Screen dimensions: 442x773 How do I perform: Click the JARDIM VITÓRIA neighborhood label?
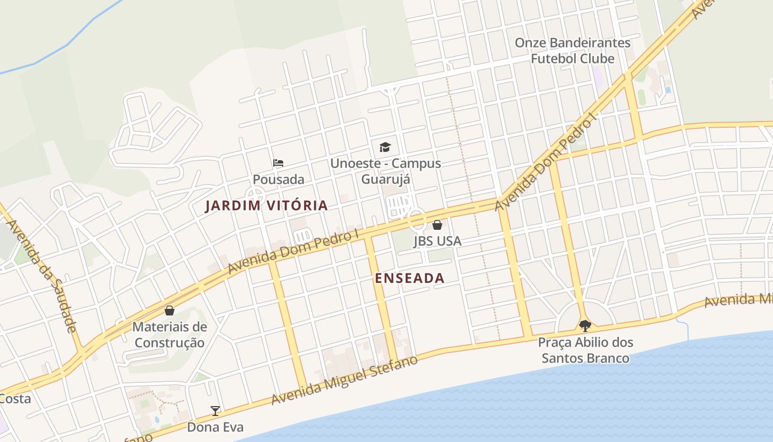click(266, 206)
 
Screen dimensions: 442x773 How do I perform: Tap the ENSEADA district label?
click(409, 278)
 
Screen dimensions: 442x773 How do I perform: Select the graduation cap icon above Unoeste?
click(385, 147)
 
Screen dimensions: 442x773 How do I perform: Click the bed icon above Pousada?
click(278, 163)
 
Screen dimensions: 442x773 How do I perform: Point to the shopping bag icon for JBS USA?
click(437, 225)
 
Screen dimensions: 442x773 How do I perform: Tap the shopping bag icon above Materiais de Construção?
click(170, 311)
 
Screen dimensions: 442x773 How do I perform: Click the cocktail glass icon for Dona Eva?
click(215, 411)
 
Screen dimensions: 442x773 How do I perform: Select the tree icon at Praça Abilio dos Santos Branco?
click(585, 325)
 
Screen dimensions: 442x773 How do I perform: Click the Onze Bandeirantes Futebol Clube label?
click(572, 50)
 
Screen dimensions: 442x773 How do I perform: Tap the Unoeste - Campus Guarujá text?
click(385, 171)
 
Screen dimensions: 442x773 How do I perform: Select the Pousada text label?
click(278, 180)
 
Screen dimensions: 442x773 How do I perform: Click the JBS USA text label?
click(437, 241)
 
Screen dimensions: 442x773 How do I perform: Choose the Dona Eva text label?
click(215, 427)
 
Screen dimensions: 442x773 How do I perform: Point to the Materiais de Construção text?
click(170, 335)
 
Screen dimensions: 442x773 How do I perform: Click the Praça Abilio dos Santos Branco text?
click(585, 350)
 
